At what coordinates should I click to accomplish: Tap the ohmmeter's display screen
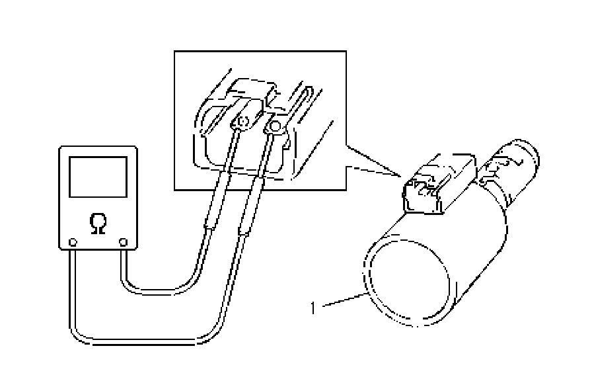(98, 176)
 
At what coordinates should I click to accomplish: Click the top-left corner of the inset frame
(173, 52)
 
